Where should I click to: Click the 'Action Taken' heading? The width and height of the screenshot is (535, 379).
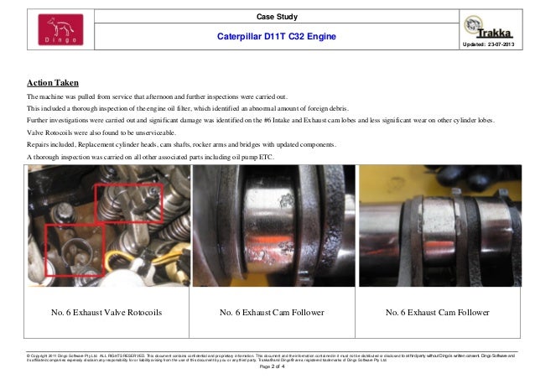[54, 83]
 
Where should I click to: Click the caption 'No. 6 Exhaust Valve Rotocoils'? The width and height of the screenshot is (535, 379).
[106, 313]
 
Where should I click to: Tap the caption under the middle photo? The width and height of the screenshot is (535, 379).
[272, 313]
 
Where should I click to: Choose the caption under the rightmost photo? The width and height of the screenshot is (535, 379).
[437, 313]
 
